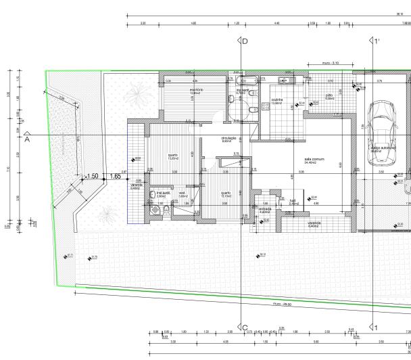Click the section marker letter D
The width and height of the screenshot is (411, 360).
point(245,42)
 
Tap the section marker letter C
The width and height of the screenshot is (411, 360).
point(245,328)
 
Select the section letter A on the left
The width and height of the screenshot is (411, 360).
point(27,141)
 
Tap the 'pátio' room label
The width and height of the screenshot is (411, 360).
point(329,96)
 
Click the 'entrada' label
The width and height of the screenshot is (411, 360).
point(265,210)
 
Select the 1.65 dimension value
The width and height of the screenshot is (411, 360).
point(115,176)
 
